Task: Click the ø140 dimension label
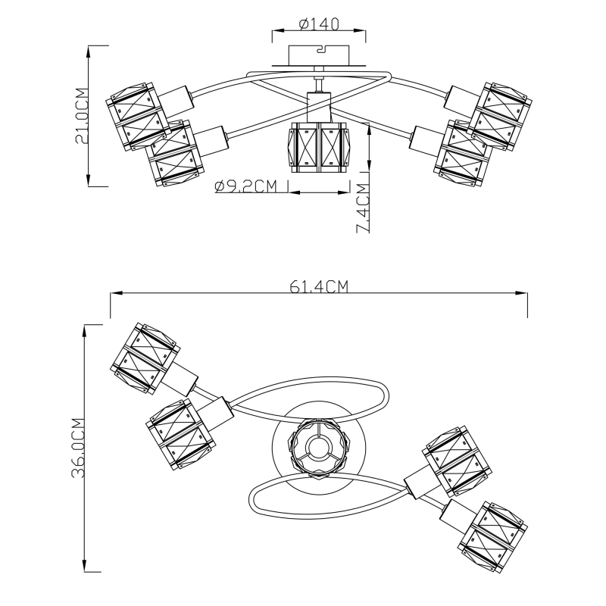[x=319, y=24]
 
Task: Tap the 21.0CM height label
[x=83, y=116]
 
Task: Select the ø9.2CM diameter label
[x=246, y=186]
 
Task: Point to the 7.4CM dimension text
[x=364, y=208]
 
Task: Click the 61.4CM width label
[x=319, y=287]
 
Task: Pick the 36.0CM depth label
[x=79, y=448]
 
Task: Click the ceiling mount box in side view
[x=319, y=55]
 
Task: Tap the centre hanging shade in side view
[x=317, y=148]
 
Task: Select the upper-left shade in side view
[x=137, y=116]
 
